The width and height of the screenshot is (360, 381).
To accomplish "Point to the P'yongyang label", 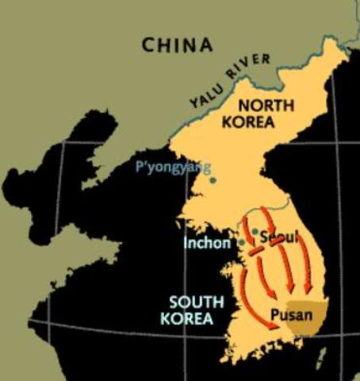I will [173, 167].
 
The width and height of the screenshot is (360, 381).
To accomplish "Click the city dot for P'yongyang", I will [213, 180].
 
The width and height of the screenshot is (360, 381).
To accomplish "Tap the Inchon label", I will [208, 241].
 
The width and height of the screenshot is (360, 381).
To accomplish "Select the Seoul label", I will [272, 237].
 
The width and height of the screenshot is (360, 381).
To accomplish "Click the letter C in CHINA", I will [148, 45].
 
